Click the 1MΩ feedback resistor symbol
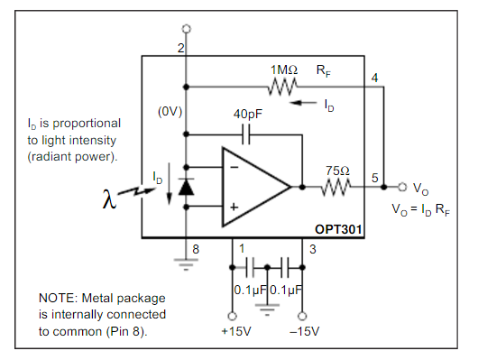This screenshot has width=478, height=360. click(283, 87)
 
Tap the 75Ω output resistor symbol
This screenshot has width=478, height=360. click(336, 187)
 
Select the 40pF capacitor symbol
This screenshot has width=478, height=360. click(246, 134)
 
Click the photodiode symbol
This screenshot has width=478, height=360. click(187, 187)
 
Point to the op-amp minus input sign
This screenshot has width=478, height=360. click(234, 167)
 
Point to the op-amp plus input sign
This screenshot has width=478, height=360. click(234, 208)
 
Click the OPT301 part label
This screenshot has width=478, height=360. click(338, 229)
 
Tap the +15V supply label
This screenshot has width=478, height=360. click(236, 331)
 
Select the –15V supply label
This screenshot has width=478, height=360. click(305, 331)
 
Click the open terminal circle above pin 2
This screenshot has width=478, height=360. click(187, 29)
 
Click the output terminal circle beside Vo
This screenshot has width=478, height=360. click(402, 187)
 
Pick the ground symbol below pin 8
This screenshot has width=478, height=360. click(186, 264)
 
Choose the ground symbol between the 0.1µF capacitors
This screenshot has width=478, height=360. click(267, 309)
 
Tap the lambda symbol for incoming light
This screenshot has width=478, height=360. click(109, 198)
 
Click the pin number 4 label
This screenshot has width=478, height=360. click(374, 78)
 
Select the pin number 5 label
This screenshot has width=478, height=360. click(375, 178)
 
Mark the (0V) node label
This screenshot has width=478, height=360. click(170, 112)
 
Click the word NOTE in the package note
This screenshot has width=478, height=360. click(59, 298)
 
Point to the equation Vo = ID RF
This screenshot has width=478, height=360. click(420, 210)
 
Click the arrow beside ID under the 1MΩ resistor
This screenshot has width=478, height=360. click(303, 103)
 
